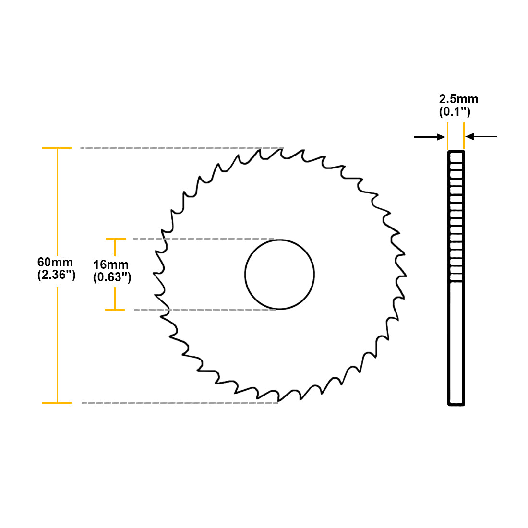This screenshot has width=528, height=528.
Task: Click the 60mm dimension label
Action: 55,262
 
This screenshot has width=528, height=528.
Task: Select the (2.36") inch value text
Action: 56,275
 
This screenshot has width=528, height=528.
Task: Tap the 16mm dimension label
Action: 111,264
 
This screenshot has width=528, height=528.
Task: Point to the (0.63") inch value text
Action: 112,277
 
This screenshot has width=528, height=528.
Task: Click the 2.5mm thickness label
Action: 458,99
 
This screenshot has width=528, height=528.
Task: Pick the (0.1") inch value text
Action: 455,112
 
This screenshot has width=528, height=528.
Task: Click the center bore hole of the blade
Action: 279,275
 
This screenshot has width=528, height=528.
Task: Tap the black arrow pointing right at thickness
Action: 430,137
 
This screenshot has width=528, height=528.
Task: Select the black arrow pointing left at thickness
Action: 481,137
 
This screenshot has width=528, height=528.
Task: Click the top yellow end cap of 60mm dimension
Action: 57,148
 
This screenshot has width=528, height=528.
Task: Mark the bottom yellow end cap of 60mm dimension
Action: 57,403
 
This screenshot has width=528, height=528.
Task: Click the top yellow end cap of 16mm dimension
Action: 115,239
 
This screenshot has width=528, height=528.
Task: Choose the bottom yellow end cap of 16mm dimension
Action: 115,310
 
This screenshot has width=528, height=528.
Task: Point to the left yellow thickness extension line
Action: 447,136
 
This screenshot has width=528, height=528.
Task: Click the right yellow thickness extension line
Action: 464,136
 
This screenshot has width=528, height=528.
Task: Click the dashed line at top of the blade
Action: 182,148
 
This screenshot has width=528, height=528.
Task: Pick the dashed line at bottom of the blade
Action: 180,403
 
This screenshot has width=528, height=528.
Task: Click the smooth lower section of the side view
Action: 456,343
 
